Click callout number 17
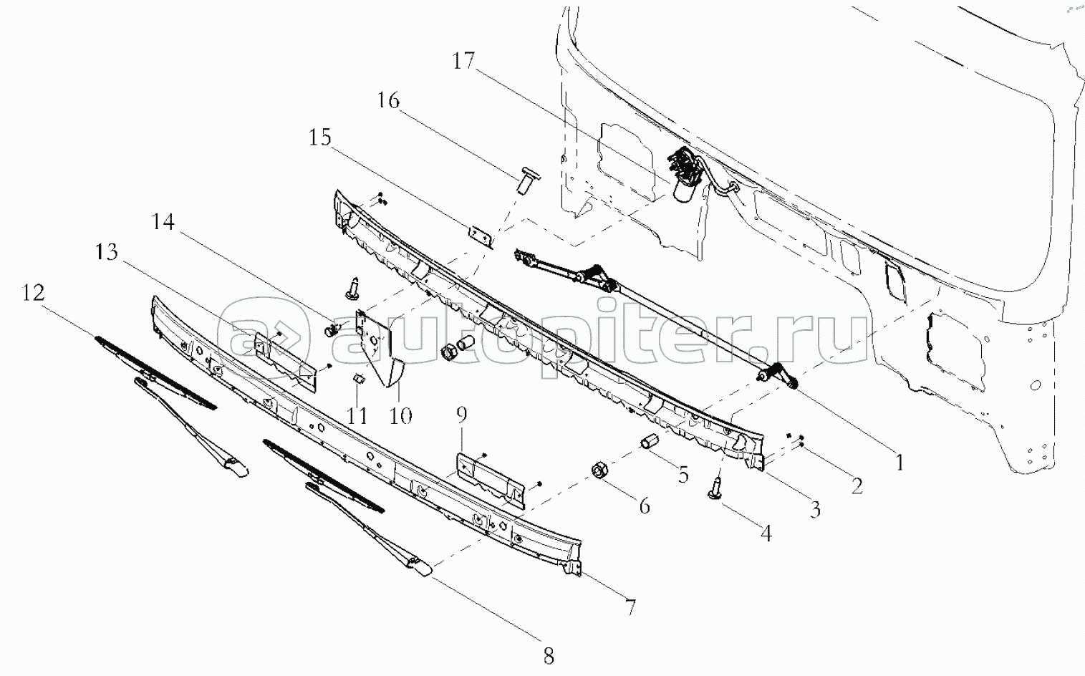click(463, 62)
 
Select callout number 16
click(388, 101)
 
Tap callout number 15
click(320, 137)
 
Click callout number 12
click(34, 292)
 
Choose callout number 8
click(549, 657)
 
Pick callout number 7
click(630, 607)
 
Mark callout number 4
click(766, 533)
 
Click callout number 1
click(900, 463)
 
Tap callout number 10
click(400, 416)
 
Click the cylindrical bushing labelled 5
click(649, 442)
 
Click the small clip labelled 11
click(358, 377)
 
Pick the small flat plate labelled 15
click(481, 237)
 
